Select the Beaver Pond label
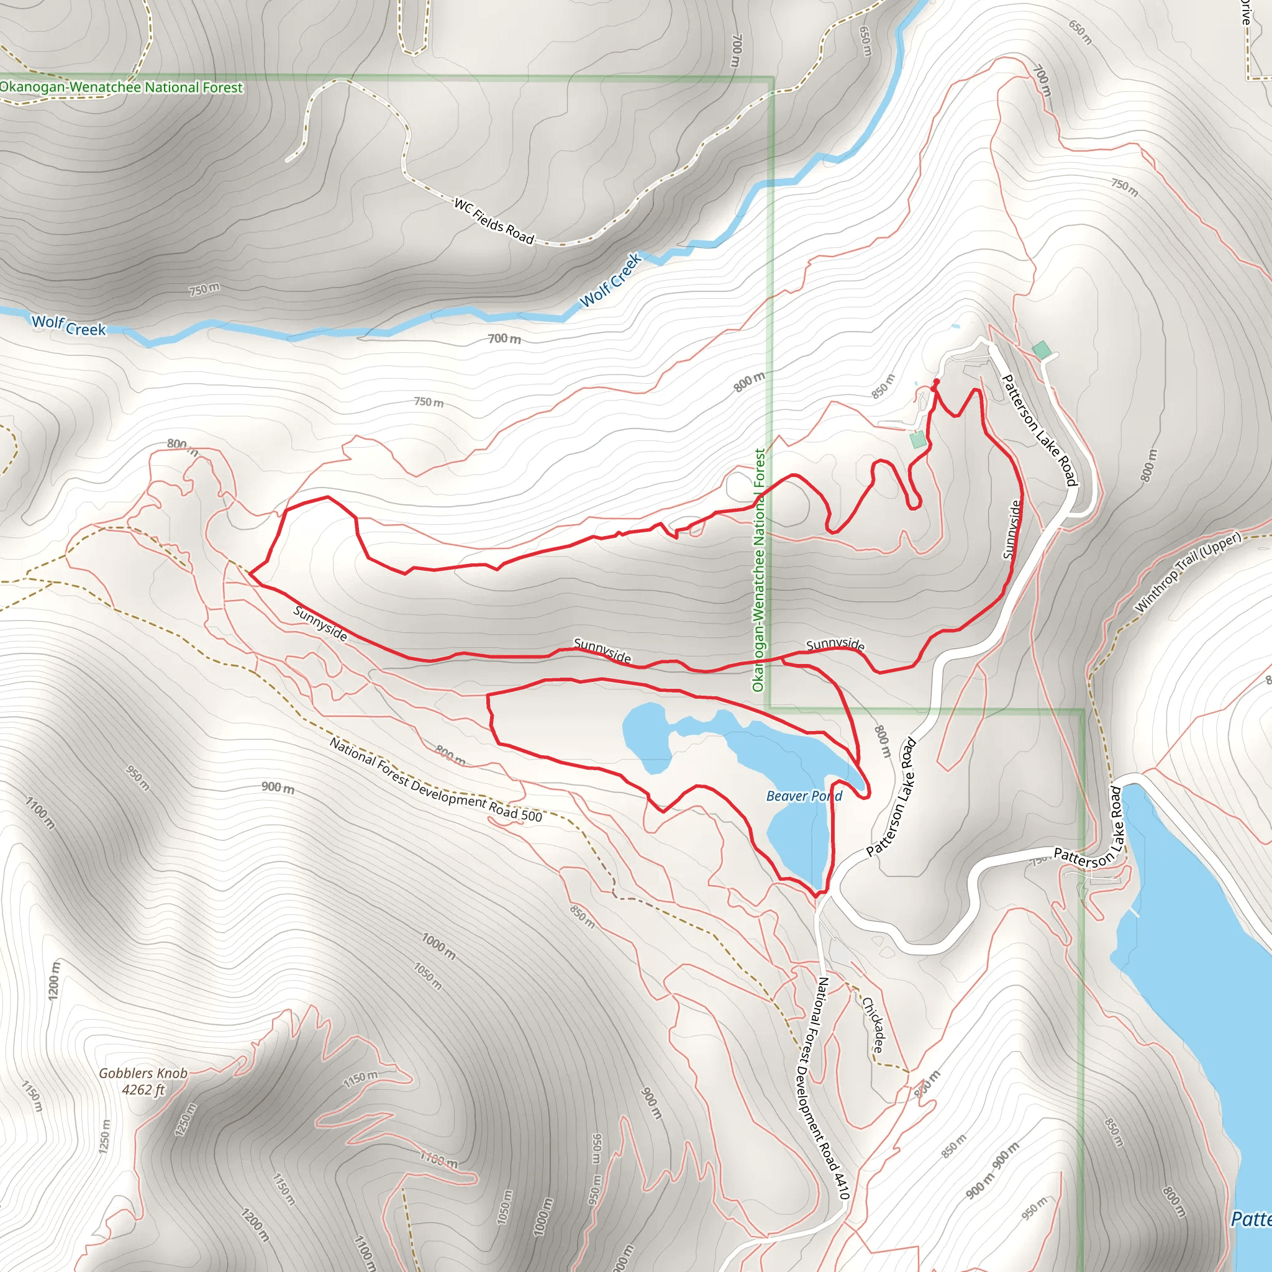click(804, 796)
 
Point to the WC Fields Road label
click(494, 221)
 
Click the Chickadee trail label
click(874, 1024)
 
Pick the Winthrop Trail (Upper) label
click(1188, 571)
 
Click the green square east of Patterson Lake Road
click(1042, 350)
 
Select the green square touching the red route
click(917, 439)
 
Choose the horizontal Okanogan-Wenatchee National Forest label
click(121, 87)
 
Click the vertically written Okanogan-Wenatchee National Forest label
click(759, 570)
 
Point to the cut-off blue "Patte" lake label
click(1251, 1219)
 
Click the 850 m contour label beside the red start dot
click(884, 386)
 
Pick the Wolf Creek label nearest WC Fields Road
click(611, 281)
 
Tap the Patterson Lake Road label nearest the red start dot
click(1039, 429)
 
